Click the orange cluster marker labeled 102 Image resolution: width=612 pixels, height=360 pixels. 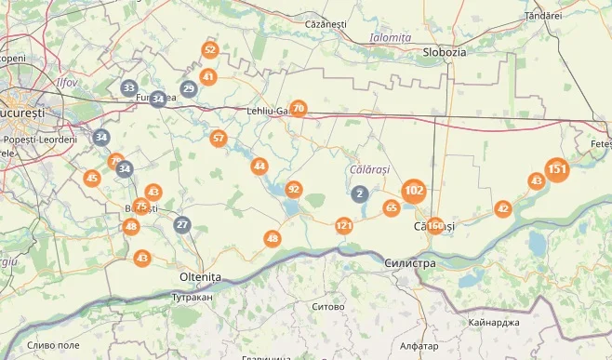point(415,192)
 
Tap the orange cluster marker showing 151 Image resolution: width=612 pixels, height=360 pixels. point(557,169)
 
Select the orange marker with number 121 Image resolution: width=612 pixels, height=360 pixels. point(344,226)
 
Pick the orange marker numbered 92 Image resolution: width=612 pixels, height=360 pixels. point(294,190)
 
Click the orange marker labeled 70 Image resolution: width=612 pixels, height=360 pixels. point(298,109)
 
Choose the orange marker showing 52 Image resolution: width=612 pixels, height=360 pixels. point(209,50)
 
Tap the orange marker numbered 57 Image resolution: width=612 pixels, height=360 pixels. point(219,139)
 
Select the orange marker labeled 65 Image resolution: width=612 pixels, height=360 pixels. point(392,207)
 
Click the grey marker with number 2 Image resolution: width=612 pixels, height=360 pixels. point(360,193)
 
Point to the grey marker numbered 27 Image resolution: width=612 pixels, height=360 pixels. point(182,224)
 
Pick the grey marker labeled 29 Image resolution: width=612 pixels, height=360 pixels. point(188,89)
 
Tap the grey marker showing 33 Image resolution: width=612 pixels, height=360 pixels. point(129,88)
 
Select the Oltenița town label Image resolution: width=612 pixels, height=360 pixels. point(200,277)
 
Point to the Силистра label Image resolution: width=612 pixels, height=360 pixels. point(409,263)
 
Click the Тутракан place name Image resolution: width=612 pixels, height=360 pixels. point(193,298)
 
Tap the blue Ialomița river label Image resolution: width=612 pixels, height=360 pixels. point(391,37)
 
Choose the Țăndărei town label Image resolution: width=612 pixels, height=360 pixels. point(543,16)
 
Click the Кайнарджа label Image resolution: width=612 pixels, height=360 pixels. point(496,322)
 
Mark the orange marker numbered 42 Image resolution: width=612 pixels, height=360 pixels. point(503,208)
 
